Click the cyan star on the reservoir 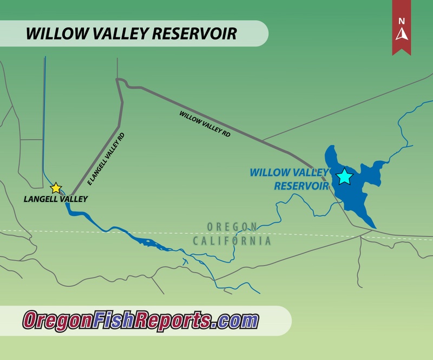[344, 177]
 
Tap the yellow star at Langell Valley [56, 188]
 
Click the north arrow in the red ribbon [402, 34]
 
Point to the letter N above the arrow [402, 21]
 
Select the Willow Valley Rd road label [205, 124]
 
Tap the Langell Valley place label [56, 199]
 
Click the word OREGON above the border [232, 226]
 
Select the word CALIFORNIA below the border [233, 241]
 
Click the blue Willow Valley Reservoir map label [290, 179]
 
